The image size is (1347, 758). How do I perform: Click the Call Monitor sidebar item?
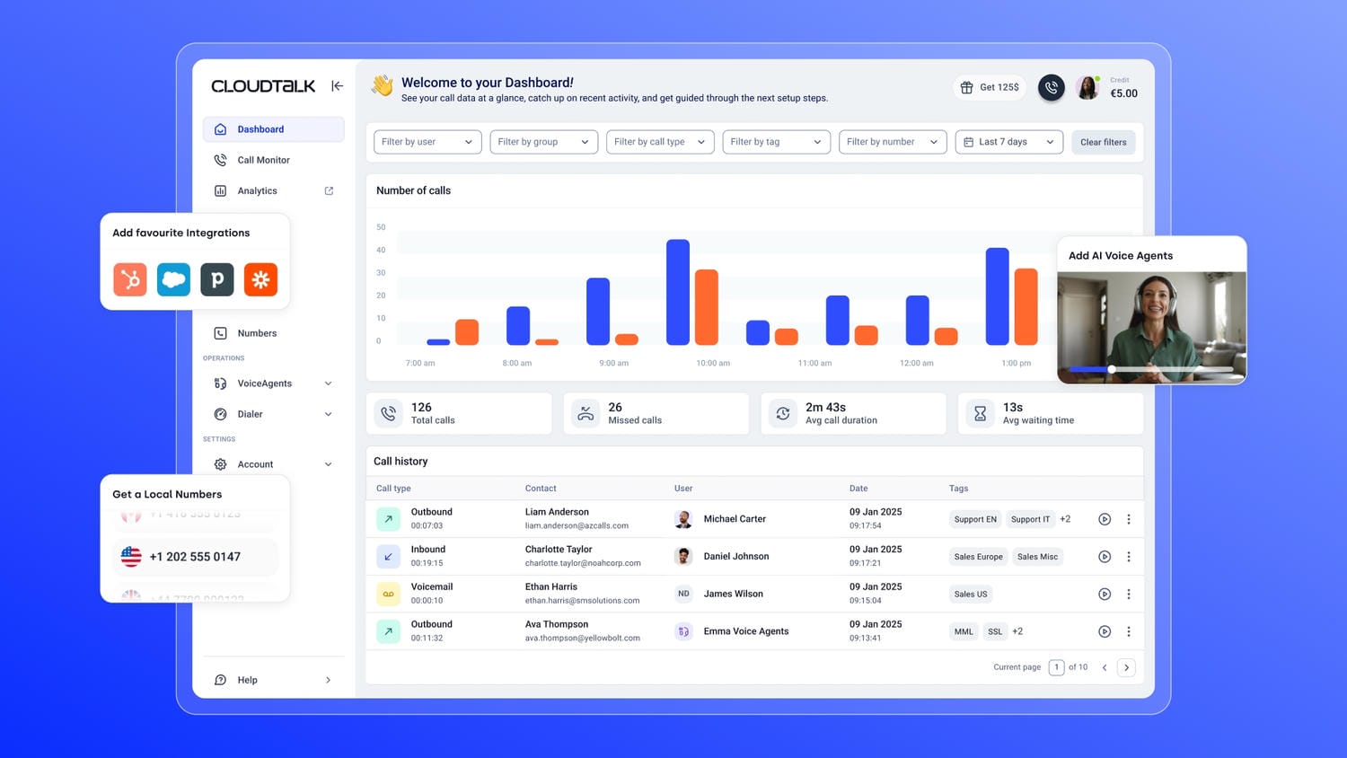pyautogui.click(x=262, y=160)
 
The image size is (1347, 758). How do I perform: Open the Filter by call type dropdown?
pyautogui.click(x=660, y=142)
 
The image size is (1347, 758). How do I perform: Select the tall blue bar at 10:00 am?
pyautogui.click(x=678, y=292)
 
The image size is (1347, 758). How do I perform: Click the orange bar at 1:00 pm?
pyautogui.click(x=1026, y=306)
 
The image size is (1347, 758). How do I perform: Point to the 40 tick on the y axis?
pyautogui.click(x=381, y=250)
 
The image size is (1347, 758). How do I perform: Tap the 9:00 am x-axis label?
pyautogui.click(x=613, y=363)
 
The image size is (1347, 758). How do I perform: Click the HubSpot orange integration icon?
pyautogui.click(x=130, y=279)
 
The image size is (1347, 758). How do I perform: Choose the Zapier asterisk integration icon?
pyautogui.click(x=260, y=279)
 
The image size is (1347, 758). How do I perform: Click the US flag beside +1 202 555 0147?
pyautogui.click(x=131, y=557)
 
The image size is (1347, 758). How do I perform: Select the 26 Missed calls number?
pyautogui.click(x=615, y=407)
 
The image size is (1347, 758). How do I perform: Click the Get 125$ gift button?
pyautogui.click(x=990, y=87)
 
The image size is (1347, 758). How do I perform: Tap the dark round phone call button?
pyautogui.click(x=1052, y=87)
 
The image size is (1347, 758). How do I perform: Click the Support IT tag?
pyautogui.click(x=1030, y=519)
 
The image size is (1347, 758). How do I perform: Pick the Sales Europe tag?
pyautogui.click(x=978, y=557)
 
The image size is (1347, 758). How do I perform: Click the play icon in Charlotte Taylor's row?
pyautogui.click(x=1105, y=557)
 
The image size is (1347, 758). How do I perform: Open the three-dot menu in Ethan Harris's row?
pyautogui.click(x=1129, y=594)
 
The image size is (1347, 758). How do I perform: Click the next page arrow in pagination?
pyautogui.click(x=1126, y=667)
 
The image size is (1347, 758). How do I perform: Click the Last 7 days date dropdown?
pyautogui.click(x=1008, y=142)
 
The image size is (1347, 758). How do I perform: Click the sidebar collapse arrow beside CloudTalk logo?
pyautogui.click(x=337, y=86)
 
